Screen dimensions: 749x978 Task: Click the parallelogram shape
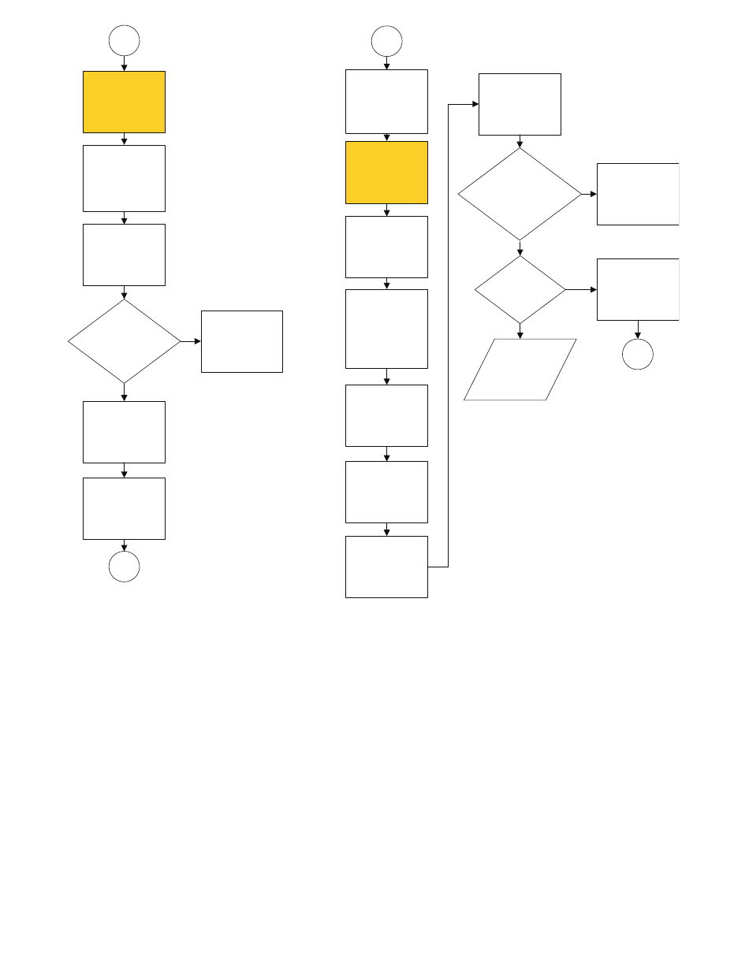point(520,370)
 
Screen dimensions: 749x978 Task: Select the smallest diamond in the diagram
point(520,289)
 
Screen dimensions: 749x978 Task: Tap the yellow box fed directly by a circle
point(124,102)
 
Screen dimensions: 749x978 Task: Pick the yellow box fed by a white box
point(386,173)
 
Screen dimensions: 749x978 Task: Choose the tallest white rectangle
point(386,329)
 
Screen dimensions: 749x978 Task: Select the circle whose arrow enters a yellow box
point(124,40)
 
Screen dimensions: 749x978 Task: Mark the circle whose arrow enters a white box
point(386,40)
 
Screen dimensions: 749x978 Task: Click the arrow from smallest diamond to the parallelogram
point(520,331)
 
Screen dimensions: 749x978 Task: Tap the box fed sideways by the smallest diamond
point(637,289)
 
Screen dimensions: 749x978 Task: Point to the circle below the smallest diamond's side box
point(637,355)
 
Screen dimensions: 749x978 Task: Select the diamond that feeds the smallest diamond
point(520,194)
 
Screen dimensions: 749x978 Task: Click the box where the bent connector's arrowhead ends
point(520,104)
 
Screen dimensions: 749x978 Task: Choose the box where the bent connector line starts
point(386,567)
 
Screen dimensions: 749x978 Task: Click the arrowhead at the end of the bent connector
point(475,104)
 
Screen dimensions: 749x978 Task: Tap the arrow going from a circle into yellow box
point(124,63)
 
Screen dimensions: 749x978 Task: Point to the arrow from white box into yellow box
point(386,137)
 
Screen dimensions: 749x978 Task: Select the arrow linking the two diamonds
point(520,248)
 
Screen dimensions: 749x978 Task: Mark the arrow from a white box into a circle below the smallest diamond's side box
point(637,329)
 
